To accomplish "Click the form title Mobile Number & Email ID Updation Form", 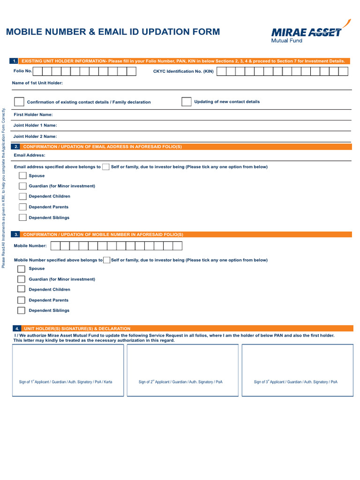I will tap(112, 32).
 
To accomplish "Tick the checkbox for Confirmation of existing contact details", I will tap(19, 102).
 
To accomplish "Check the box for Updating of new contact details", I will tap(186, 102).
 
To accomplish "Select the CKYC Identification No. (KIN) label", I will tap(183, 71).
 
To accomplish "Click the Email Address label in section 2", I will tap(30, 155).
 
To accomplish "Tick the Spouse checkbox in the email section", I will tap(22, 176).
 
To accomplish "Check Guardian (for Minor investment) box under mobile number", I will tap(21, 279).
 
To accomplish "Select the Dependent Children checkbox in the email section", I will tap(22, 196).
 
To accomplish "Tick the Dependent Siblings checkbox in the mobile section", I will tap(21, 310).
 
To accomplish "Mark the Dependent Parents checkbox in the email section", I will tap(22, 207).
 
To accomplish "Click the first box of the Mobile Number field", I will tap(55, 246).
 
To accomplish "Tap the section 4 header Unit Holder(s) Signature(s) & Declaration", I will tap(77, 329).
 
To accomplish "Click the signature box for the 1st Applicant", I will tap(68, 369).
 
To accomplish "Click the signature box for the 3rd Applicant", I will tap(297, 369).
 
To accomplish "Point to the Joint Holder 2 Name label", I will tap(35, 136).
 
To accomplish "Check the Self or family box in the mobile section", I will tap(107, 260).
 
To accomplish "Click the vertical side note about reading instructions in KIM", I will tap(4, 187).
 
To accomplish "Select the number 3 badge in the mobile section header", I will tap(16, 234).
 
